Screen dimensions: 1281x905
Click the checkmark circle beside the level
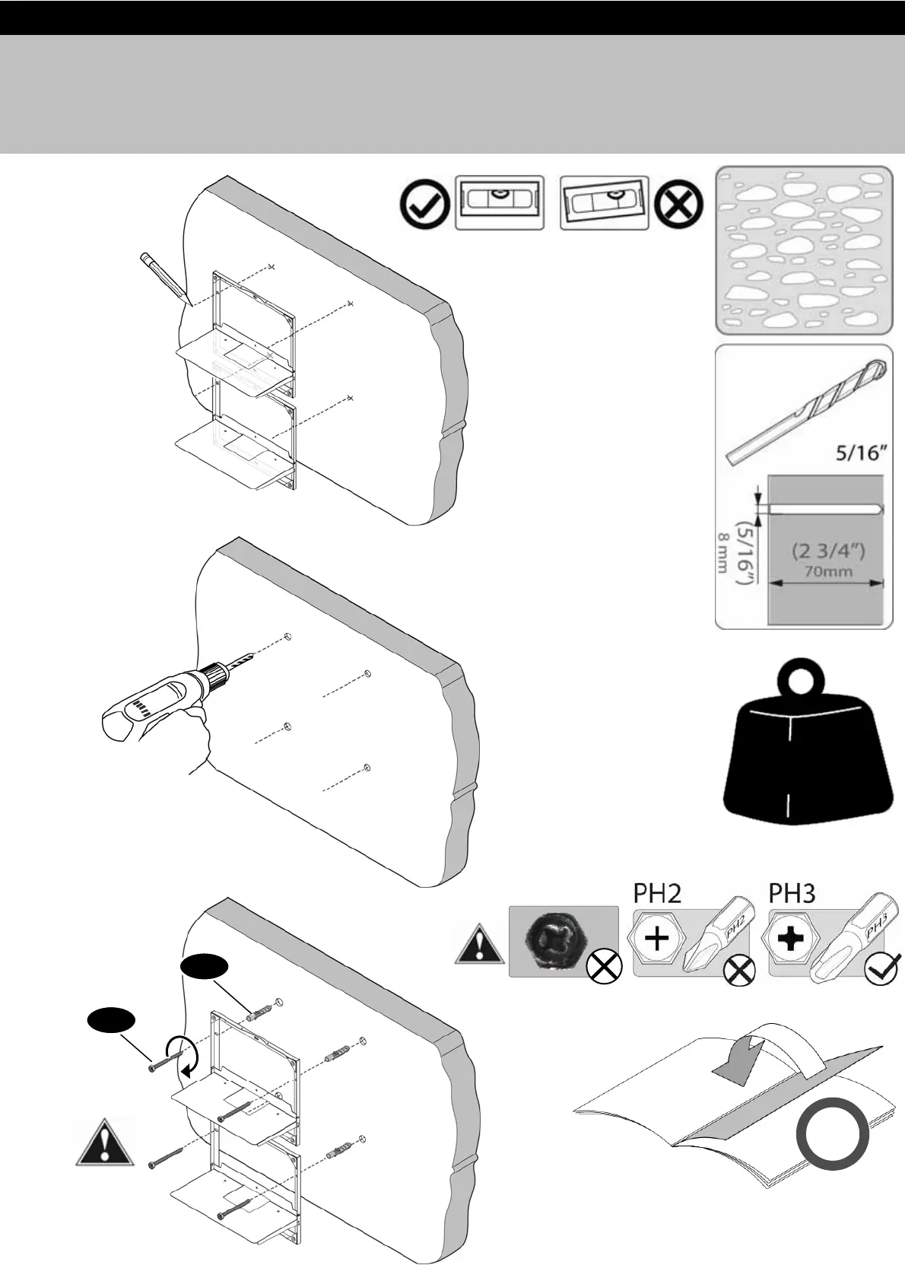pos(424,203)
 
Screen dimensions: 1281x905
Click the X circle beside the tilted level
pos(678,203)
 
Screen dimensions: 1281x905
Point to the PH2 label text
pos(657,893)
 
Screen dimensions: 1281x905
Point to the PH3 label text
pos(792,893)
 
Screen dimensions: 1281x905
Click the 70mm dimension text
pos(828,571)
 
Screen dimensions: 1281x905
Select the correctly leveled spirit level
pos(499,202)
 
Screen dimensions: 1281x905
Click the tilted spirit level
pos(605,202)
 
